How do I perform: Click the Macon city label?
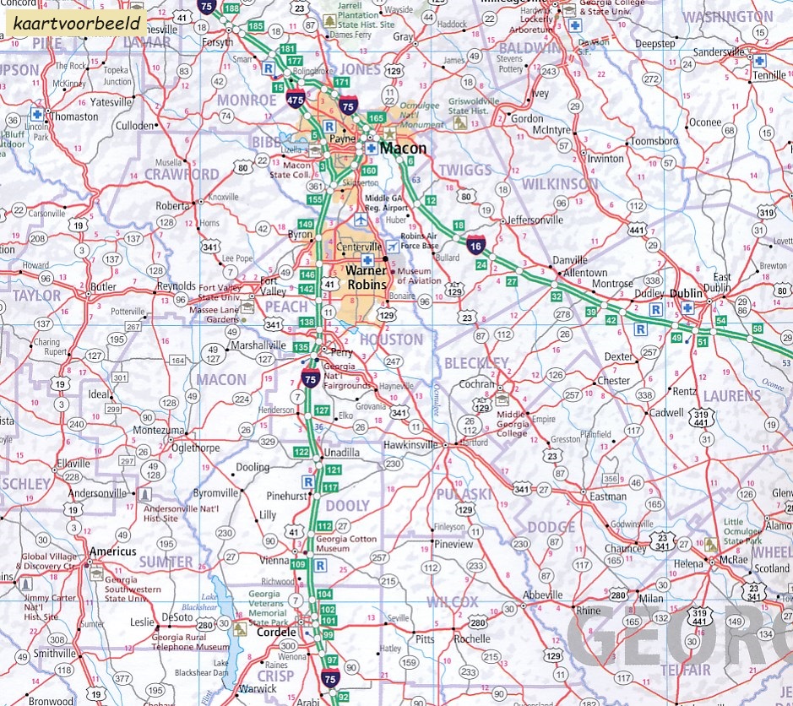[x=403, y=149]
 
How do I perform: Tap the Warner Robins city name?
[x=366, y=278]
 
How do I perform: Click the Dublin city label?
[x=685, y=293]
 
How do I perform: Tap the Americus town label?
[x=111, y=551]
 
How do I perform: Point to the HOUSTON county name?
[x=391, y=339]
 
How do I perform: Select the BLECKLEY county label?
[x=476, y=364]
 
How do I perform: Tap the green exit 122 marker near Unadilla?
[x=302, y=453]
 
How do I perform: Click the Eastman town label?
[x=607, y=497]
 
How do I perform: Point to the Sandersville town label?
[x=718, y=52]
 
